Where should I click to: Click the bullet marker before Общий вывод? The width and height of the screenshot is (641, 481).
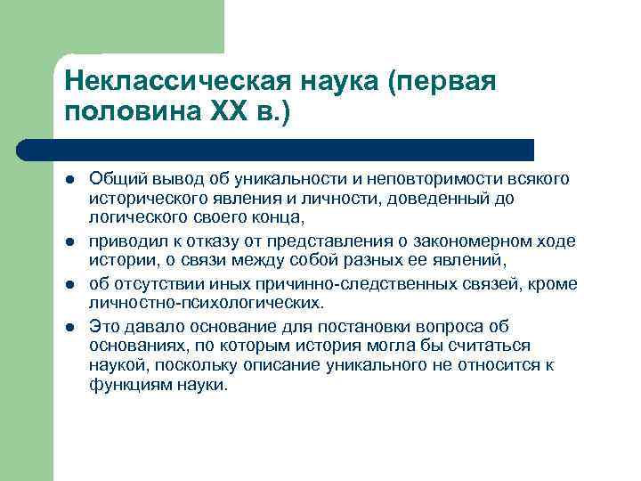pyautogui.click(x=69, y=181)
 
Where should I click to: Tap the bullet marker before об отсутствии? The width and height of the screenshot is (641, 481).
pyautogui.click(x=69, y=285)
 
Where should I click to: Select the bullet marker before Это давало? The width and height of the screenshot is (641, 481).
pyautogui.click(x=69, y=327)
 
